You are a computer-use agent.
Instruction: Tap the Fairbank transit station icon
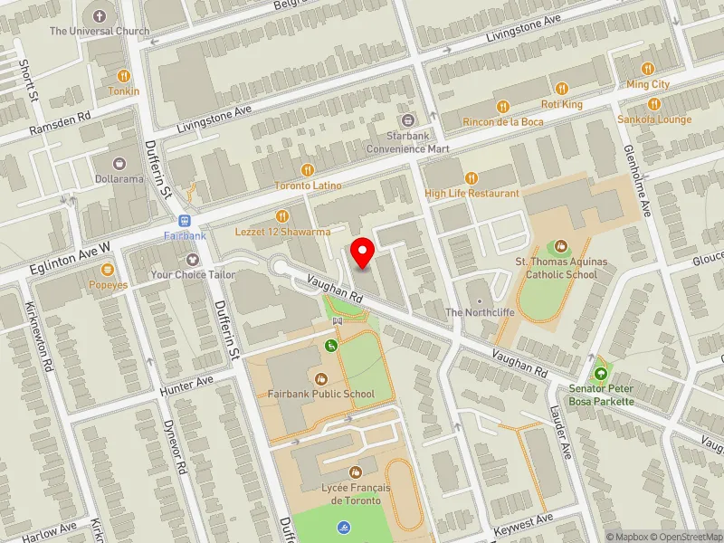(185, 221)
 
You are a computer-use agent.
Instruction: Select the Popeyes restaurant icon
(108, 269)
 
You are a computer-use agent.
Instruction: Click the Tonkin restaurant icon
(124, 76)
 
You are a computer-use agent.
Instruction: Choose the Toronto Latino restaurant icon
(308, 170)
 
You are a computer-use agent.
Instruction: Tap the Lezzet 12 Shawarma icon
(281, 216)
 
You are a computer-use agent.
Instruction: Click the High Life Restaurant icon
(471, 178)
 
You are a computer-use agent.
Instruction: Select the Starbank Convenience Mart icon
(407, 120)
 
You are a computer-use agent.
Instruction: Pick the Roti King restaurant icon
(561, 89)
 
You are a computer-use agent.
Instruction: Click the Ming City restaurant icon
(648, 69)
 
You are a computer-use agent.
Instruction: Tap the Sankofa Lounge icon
(654, 104)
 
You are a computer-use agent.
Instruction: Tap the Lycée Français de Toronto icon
(356, 472)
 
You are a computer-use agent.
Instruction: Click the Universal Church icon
(100, 15)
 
